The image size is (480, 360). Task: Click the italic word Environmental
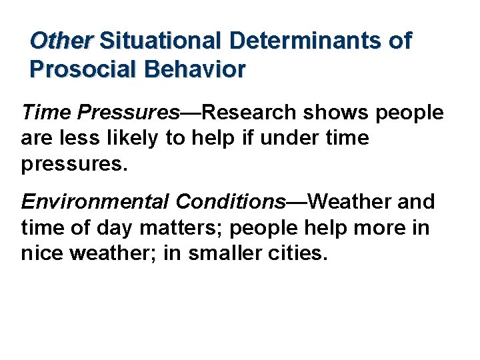pyautogui.click(x=95, y=201)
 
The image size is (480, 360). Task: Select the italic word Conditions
pyautogui.click(x=229, y=201)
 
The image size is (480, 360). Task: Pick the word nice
pyautogui.click(x=41, y=253)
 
